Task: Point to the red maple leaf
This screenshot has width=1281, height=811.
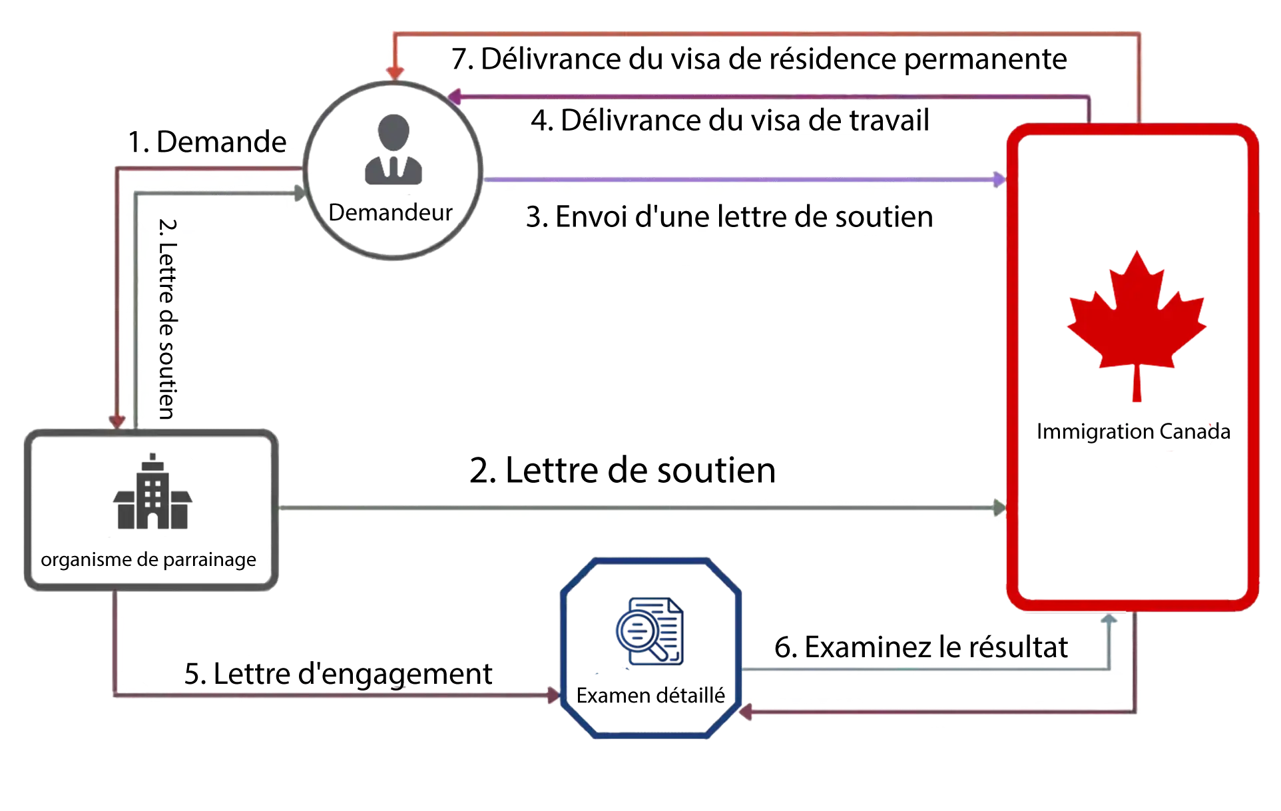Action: click(1137, 313)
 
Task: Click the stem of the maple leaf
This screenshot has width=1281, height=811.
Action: click(1137, 386)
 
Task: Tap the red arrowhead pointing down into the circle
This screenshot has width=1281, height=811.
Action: click(395, 73)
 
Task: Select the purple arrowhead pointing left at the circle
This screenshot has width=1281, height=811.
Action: click(455, 97)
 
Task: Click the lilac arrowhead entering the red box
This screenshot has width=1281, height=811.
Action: click(999, 179)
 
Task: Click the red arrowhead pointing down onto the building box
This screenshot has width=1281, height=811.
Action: click(117, 421)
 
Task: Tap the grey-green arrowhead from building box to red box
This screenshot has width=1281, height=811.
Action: click(999, 507)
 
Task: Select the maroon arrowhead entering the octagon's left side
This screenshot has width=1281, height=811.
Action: click(553, 695)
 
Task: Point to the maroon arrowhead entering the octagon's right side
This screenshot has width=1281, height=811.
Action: click(747, 712)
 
